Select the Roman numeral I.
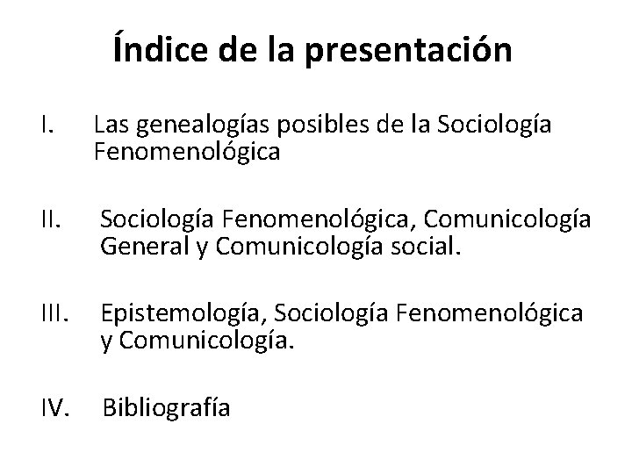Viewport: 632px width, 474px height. click(x=47, y=127)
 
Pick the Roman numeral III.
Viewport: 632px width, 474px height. click(x=54, y=315)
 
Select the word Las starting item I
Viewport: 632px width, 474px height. click(x=110, y=127)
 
